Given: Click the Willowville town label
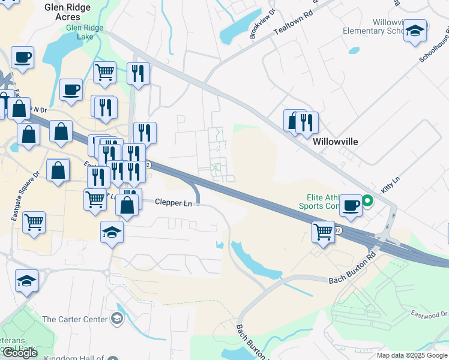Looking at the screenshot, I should pyautogui.click(x=336, y=142).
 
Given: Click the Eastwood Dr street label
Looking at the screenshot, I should pyautogui.click(x=429, y=314).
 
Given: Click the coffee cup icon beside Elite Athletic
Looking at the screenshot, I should pyautogui.click(x=351, y=205).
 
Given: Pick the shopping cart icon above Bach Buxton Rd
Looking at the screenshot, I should pyautogui.click(x=323, y=230).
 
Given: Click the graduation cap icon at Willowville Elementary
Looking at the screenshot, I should pyautogui.click(x=415, y=31).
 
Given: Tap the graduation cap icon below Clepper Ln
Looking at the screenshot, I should pyautogui.click(x=112, y=232).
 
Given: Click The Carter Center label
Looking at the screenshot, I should pyautogui.click(x=75, y=319).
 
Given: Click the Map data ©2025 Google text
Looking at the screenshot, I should pyautogui.click(x=411, y=355).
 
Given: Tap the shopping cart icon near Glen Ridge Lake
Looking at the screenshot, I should pyautogui.click(x=104, y=72).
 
